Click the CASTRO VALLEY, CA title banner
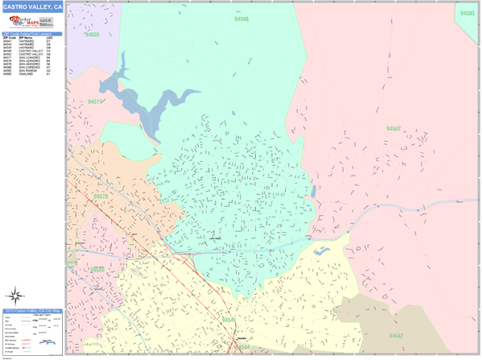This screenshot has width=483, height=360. click(x=31, y=8)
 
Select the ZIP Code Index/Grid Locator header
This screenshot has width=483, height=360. click(x=31, y=33)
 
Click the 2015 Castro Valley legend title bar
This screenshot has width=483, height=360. click(x=31, y=309)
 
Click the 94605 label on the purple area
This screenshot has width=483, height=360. click(x=92, y=35)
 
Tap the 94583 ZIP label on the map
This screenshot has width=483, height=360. click(x=467, y=14)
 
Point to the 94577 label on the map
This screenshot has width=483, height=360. click(x=96, y=102)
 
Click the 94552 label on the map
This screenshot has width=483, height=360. click(x=393, y=129)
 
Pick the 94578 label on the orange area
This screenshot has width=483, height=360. click(x=101, y=196)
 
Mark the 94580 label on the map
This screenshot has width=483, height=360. click(x=97, y=269)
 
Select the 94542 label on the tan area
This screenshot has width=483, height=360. click(x=395, y=334)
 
